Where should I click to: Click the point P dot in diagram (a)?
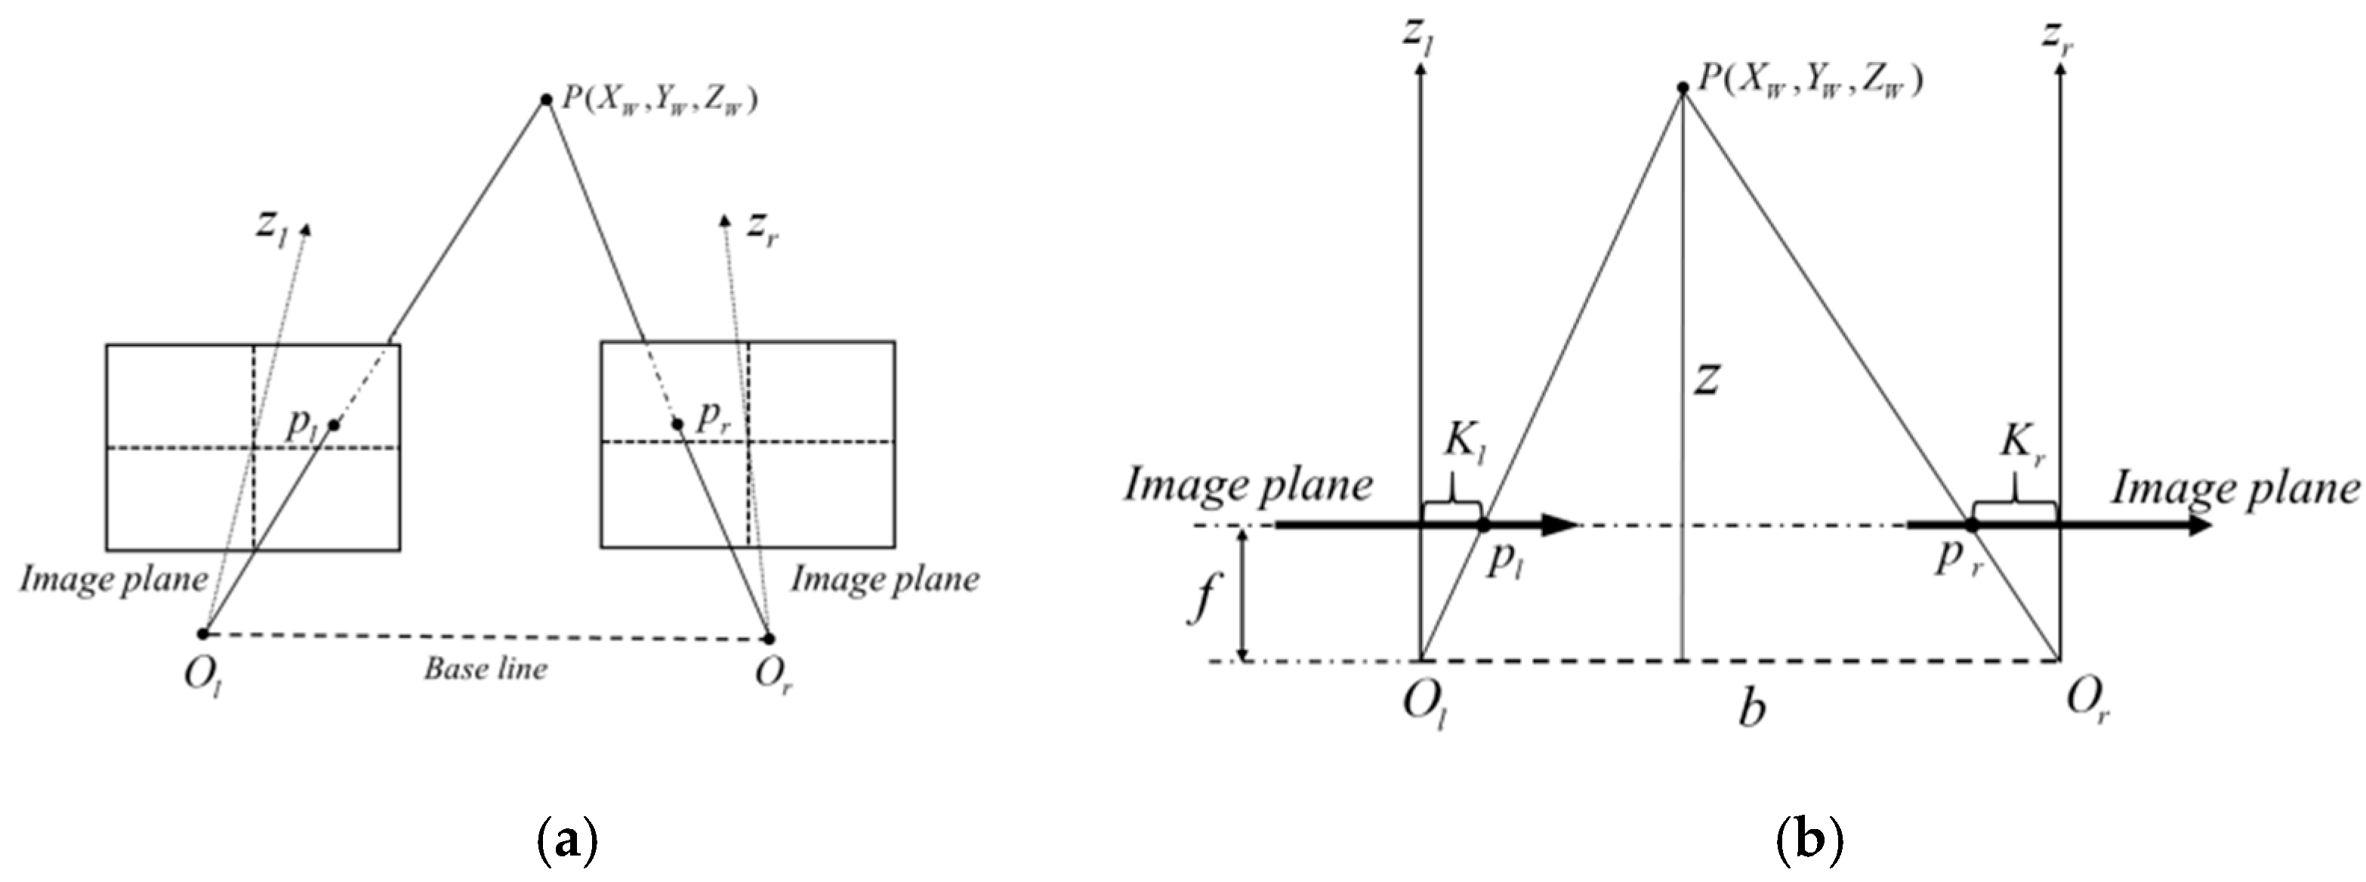(545, 99)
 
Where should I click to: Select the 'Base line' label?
(485, 668)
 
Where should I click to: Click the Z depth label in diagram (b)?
(1707, 379)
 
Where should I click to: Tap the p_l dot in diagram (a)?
(335, 425)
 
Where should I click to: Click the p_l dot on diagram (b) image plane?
(1482, 525)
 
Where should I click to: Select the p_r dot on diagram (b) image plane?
(1971, 525)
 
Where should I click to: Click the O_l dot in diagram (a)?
(203, 634)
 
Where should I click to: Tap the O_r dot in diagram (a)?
(770, 639)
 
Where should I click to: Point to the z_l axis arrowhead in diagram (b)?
(1421, 76)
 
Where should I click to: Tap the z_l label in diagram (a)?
(272, 227)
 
